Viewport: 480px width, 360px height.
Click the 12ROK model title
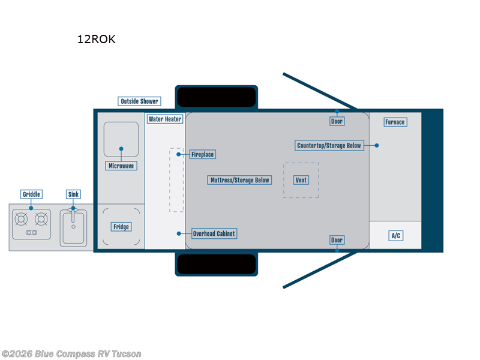click(x=96, y=40)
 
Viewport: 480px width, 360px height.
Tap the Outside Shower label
click(x=139, y=101)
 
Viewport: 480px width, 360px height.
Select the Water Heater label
click(x=165, y=119)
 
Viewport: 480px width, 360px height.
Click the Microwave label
click(x=121, y=166)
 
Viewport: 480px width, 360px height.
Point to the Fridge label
click(x=121, y=227)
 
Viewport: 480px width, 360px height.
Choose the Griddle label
click(x=31, y=194)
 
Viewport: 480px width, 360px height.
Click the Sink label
click(x=73, y=194)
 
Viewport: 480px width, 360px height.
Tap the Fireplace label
click(x=202, y=154)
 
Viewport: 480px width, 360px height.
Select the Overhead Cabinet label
click(x=214, y=233)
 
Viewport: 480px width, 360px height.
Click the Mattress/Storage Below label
click(x=239, y=180)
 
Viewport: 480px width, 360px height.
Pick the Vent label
click(x=301, y=180)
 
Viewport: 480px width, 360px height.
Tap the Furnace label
click(x=395, y=122)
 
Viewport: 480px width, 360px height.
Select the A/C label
click(x=395, y=236)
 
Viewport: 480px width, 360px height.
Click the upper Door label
click(x=337, y=121)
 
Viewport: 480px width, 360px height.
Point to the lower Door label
click(x=337, y=240)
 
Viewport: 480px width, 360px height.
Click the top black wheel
click(x=217, y=97)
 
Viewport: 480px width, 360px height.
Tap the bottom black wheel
click(x=217, y=264)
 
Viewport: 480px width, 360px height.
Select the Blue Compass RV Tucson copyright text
click(x=72, y=353)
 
